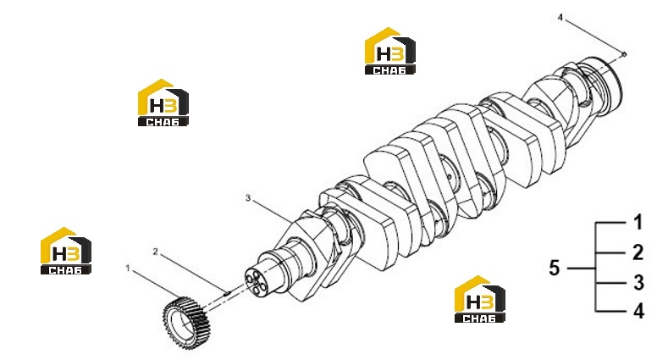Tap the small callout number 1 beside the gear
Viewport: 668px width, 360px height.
pyautogui.click(x=127, y=269)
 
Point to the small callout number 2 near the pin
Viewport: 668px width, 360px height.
pyautogui.click(x=156, y=252)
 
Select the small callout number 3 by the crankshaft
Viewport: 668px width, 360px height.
pyautogui.click(x=248, y=198)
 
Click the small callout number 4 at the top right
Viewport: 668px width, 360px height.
pyautogui.click(x=560, y=18)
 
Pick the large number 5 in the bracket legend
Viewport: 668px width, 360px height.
pyautogui.click(x=554, y=268)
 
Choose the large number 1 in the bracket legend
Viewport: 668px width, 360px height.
pyautogui.click(x=638, y=223)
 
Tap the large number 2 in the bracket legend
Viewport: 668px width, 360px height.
pyautogui.click(x=638, y=252)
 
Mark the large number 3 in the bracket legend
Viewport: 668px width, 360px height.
pyautogui.click(x=638, y=282)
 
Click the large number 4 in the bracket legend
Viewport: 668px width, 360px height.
pyautogui.click(x=638, y=311)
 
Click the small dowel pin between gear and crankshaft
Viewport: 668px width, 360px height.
pyautogui.click(x=227, y=293)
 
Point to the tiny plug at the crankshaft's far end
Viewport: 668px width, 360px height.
pyautogui.click(x=625, y=53)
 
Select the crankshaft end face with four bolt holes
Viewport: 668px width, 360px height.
pyautogui.click(x=255, y=281)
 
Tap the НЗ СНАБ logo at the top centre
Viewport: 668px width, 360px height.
pyautogui.click(x=389, y=51)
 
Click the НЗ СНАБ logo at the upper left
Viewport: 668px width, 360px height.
pyautogui.click(x=163, y=102)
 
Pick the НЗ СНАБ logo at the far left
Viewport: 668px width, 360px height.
pyautogui.click(x=65, y=251)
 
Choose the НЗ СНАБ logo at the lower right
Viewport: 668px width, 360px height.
pyautogui.click(x=480, y=299)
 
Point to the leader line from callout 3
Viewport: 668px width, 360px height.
pyautogui.click(x=273, y=212)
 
